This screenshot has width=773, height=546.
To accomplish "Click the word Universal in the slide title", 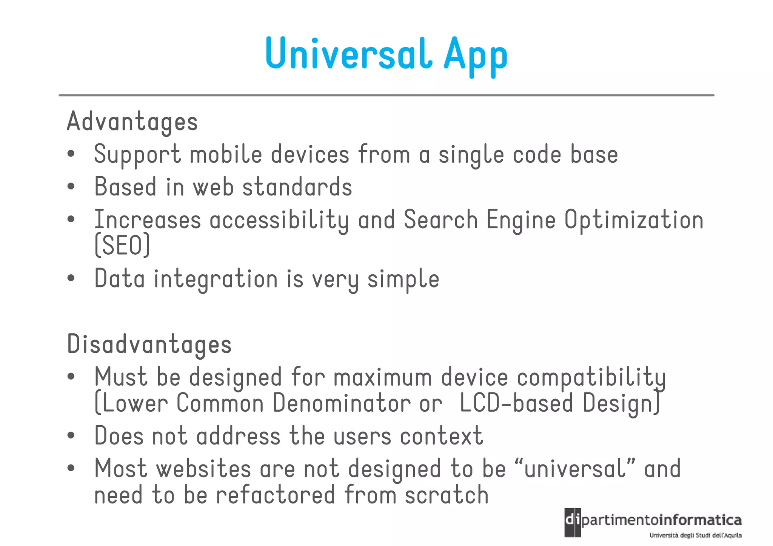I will [x=348, y=54].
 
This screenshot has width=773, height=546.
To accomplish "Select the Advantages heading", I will [x=132, y=122].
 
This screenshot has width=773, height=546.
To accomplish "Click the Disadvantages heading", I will [x=149, y=344].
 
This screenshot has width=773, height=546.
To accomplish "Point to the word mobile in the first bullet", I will [x=226, y=154].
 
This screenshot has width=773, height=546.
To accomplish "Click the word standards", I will [x=297, y=187].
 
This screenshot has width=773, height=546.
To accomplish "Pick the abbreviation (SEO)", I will [x=122, y=245].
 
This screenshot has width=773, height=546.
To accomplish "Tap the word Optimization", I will [x=634, y=220].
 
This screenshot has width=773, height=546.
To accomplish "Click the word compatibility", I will [x=591, y=377].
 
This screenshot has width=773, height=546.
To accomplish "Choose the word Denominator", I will [x=342, y=403].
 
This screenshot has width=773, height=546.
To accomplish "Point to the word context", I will [x=441, y=436].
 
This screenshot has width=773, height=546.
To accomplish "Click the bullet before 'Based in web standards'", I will [x=71, y=187].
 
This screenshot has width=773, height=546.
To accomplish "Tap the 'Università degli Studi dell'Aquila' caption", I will [x=695, y=535].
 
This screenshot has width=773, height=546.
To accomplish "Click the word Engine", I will [x=521, y=220].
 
